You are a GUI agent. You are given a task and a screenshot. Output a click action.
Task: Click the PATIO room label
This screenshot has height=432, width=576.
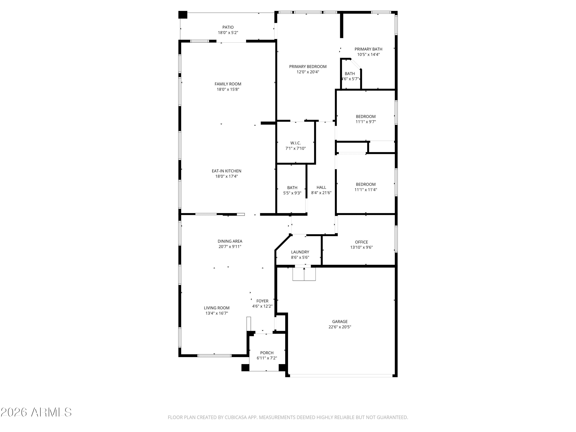(x=228, y=27)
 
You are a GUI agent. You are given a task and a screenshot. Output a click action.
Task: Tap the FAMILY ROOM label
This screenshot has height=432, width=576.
(x=228, y=84)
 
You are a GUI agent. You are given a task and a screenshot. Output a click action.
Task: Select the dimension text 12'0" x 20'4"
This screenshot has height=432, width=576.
(x=308, y=72)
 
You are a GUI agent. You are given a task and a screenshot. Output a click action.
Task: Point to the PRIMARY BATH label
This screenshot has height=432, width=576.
(x=368, y=49)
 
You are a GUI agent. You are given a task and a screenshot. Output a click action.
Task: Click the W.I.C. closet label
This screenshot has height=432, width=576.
(x=295, y=143)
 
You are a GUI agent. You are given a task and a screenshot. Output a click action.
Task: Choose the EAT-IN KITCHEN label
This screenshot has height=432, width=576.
(x=227, y=171)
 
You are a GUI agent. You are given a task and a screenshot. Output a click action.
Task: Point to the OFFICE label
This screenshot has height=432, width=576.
(x=361, y=242)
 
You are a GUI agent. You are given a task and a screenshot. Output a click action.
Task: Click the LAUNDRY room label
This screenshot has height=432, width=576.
(x=300, y=252)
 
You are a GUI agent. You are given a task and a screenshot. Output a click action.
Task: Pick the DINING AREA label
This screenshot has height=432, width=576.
(x=230, y=241)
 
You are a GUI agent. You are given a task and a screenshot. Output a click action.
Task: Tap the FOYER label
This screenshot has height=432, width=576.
(x=262, y=301)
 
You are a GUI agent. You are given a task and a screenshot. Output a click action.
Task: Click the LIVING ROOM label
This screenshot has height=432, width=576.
(x=217, y=308)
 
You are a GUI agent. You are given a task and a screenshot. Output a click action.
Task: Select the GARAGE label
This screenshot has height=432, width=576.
(x=340, y=322)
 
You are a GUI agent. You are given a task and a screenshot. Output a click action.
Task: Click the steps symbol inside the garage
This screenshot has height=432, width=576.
(x=304, y=274)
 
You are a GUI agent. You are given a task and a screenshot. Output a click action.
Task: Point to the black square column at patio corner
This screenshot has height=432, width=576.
(x=183, y=15)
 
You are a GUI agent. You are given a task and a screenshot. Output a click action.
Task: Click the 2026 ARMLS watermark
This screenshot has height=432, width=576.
(x=36, y=412)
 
